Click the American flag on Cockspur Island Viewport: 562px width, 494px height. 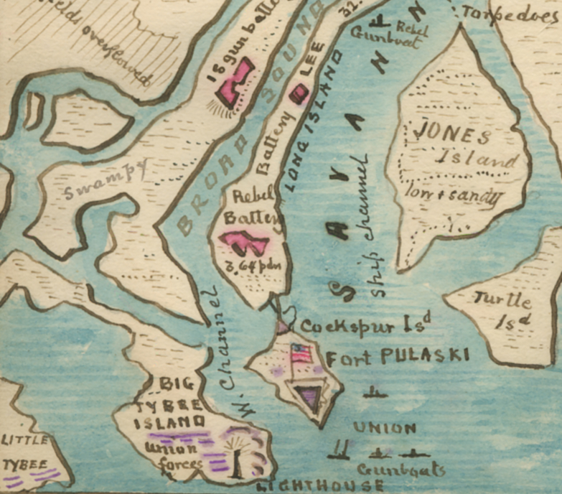coord(301,354)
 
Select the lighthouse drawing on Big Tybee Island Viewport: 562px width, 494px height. coord(236,460)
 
